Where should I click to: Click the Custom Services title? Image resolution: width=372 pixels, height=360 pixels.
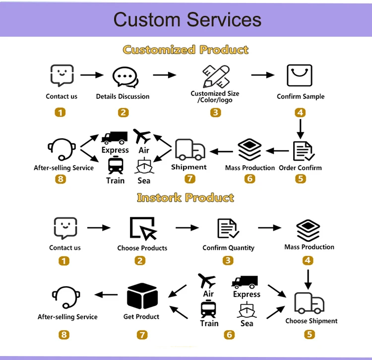(187, 20)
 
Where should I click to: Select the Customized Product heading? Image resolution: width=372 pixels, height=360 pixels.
(186, 50)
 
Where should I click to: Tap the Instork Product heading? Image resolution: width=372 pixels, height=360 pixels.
(186, 198)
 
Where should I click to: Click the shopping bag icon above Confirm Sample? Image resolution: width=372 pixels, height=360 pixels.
(300, 75)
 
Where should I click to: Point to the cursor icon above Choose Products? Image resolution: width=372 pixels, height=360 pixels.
(142, 228)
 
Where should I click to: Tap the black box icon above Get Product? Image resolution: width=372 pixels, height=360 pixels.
(142, 296)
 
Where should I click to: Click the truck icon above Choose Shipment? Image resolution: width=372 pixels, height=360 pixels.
(309, 303)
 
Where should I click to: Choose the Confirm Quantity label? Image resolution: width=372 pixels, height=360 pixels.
(228, 248)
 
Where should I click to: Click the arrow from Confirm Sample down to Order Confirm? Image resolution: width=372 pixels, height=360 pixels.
(300, 128)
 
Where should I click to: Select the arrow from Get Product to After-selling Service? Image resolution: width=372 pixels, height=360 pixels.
(106, 295)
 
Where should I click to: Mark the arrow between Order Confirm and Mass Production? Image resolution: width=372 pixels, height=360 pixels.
(277, 150)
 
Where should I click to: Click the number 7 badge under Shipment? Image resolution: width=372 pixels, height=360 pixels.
(189, 179)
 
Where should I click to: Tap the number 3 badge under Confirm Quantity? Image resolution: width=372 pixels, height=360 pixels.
(228, 261)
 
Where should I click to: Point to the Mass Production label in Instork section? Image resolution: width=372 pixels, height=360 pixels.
(309, 247)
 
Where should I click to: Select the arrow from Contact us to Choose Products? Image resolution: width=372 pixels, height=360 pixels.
(99, 228)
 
